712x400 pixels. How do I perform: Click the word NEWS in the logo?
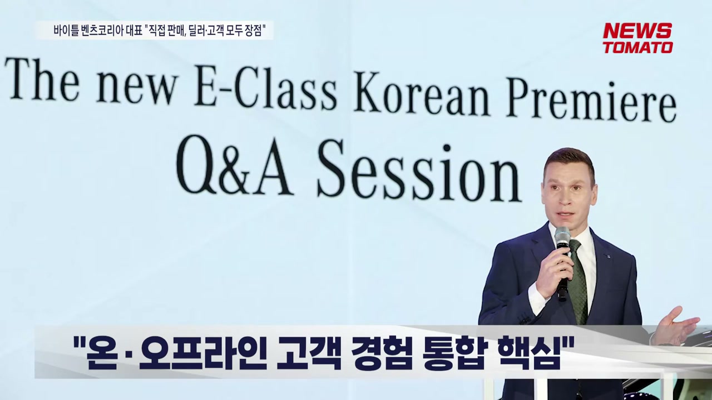click(637, 31)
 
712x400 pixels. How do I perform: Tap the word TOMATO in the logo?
click(637, 47)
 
